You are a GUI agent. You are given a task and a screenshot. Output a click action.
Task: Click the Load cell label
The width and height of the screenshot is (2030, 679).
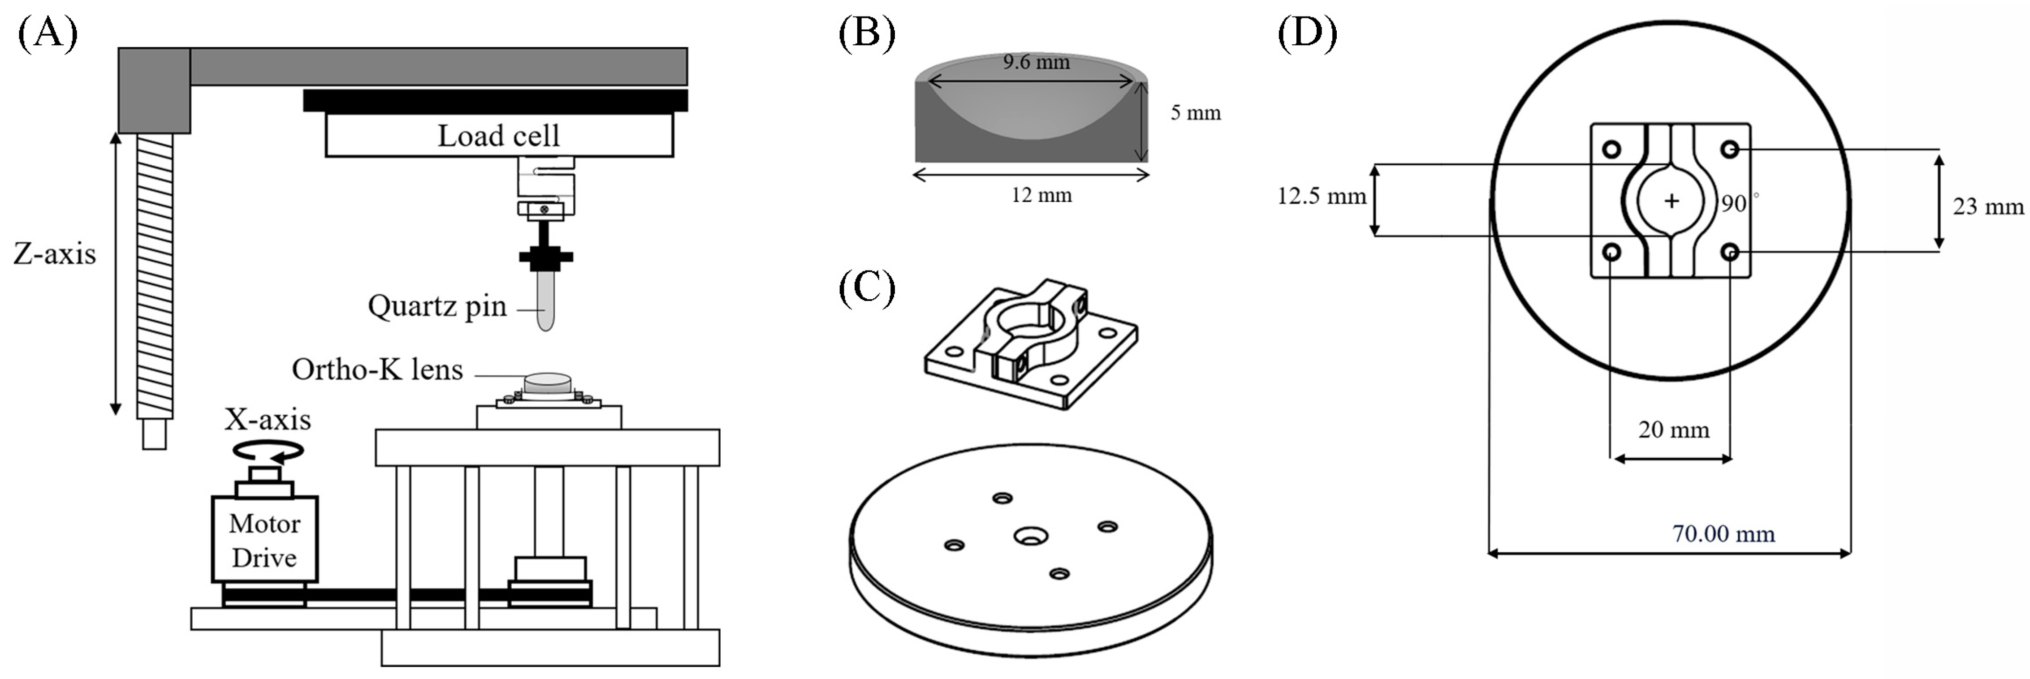[498, 136]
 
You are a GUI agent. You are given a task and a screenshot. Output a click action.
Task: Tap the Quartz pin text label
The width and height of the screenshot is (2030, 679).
[437, 306]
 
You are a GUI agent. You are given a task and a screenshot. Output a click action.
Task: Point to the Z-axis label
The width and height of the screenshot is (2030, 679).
[54, 253]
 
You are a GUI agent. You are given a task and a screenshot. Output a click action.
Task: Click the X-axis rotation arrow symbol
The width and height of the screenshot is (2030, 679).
[268, 450]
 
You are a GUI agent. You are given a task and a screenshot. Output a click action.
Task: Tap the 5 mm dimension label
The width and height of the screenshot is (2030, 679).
[1195, 113]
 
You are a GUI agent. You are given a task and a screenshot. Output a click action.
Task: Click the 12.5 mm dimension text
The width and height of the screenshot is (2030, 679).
[1322, 196]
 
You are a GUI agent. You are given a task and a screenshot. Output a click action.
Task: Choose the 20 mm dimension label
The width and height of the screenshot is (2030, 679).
[1674, 429]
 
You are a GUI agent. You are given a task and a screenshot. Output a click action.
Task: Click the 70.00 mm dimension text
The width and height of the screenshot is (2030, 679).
[1724, 534]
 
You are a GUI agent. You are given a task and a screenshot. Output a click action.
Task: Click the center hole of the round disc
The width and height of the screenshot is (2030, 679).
[1028, 537]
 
